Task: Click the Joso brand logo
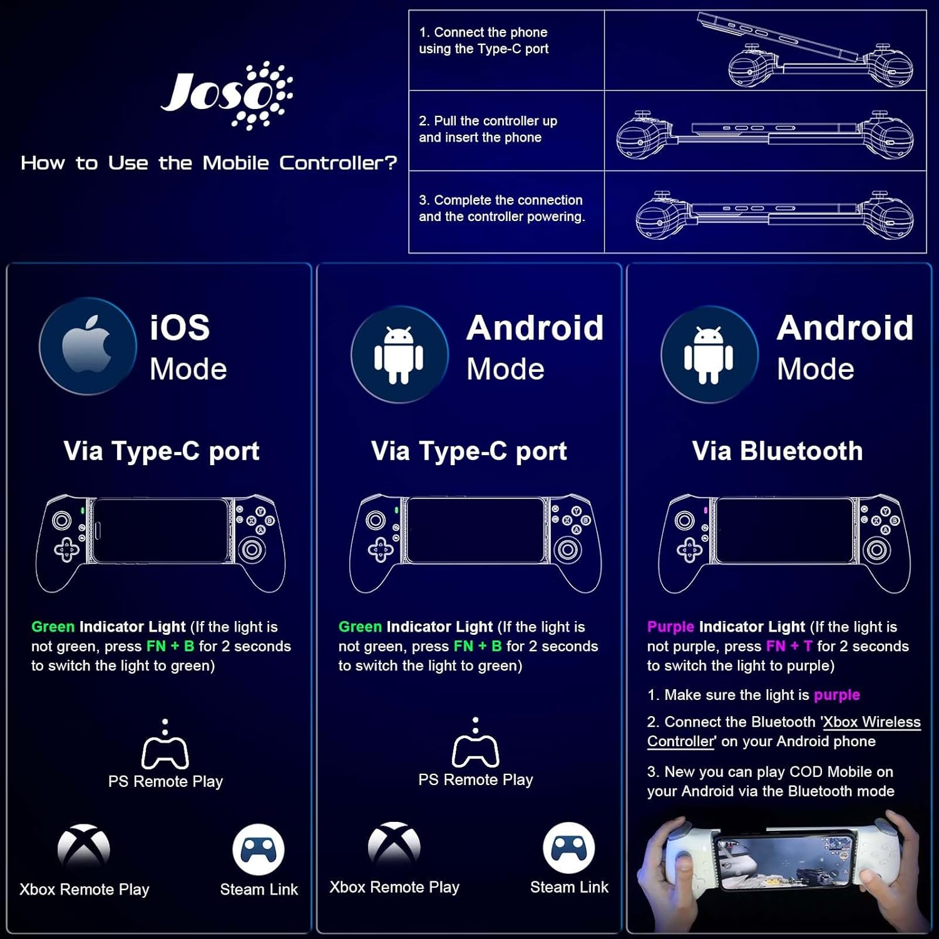point(227,95)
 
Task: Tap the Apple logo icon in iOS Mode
point(87,344)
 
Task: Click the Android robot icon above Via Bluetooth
point(709,354)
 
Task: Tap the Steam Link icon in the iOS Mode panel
point(259,849)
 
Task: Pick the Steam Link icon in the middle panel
point(569,848)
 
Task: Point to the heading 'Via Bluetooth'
point(777,451)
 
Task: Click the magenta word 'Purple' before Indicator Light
point(670,627)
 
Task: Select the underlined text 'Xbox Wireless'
point(872,722)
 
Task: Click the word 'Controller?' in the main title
point(338,163)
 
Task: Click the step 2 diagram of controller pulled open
point(765,133)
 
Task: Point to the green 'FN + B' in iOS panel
point(170,646)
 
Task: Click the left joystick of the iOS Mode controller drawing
point(61,520)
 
